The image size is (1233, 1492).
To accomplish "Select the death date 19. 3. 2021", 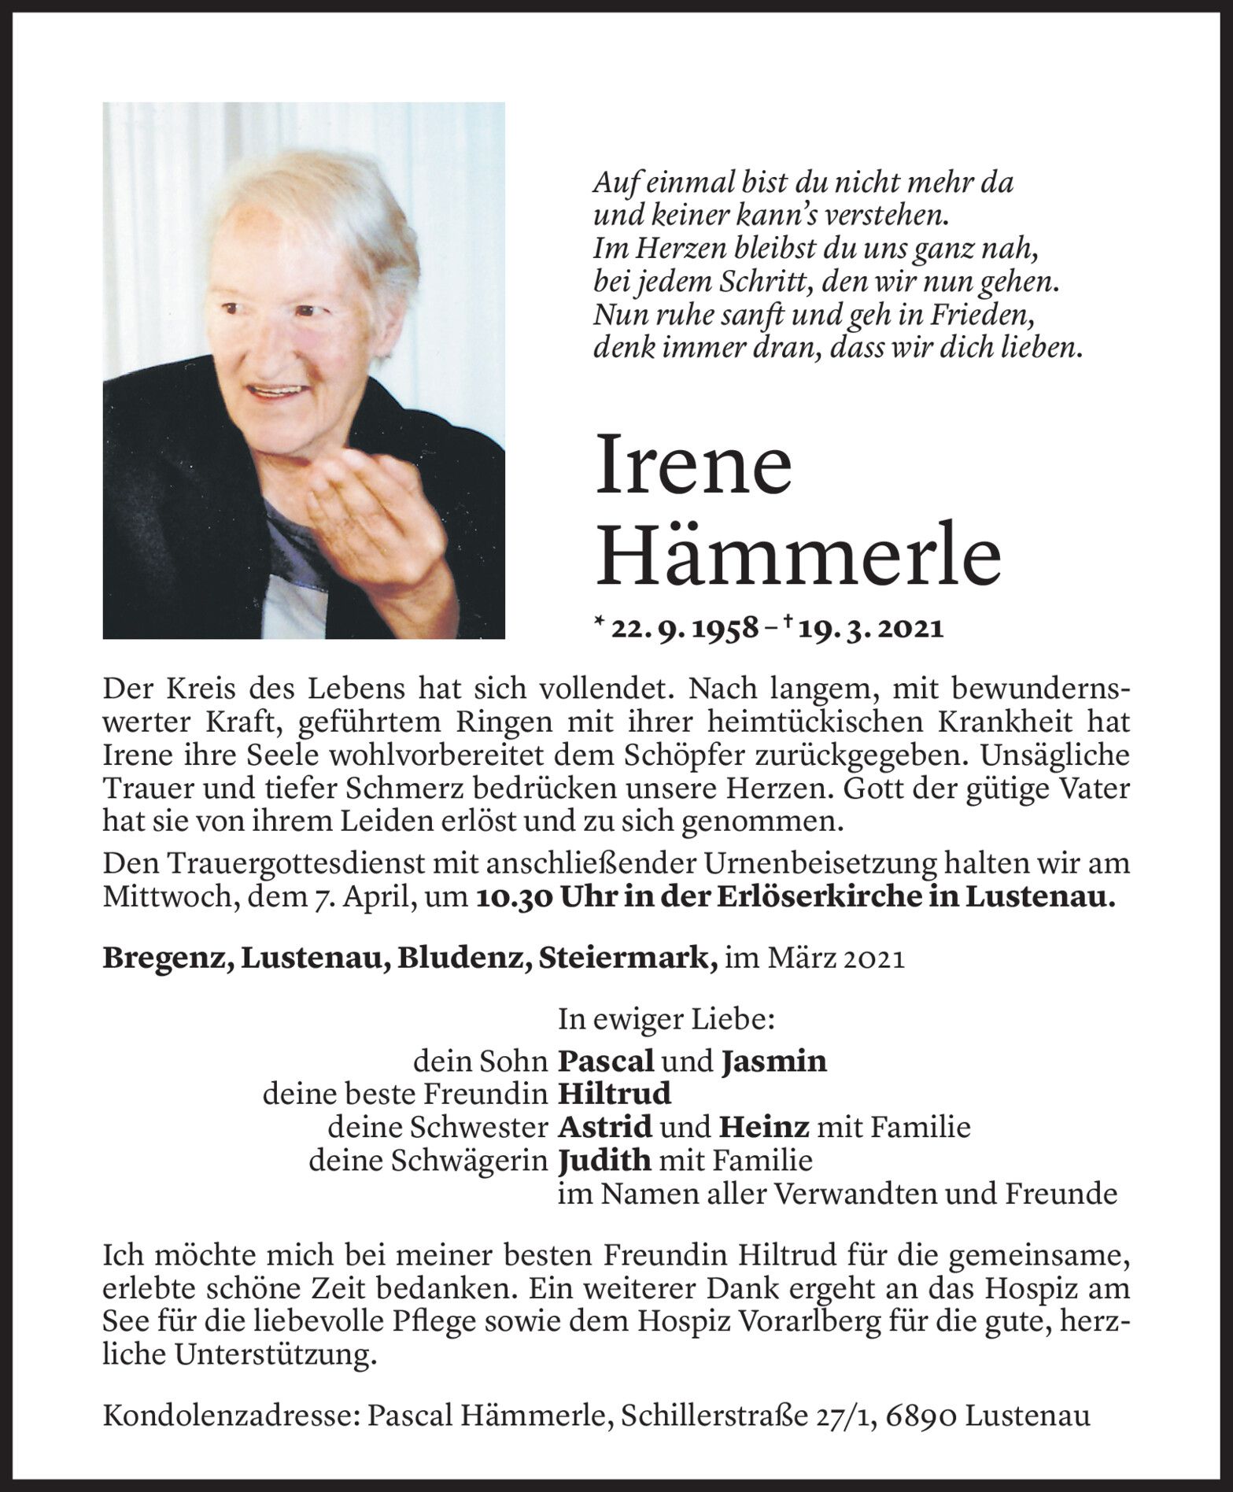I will point(867,628).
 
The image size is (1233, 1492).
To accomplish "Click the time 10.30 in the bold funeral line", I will point(513,898).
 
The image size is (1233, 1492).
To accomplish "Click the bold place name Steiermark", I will point(626,958).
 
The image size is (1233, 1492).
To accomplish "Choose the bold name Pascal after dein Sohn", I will point(605,1062).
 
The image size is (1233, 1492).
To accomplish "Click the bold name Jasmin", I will point(773,1062).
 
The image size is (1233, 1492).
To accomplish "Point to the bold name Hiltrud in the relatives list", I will point(615,1094).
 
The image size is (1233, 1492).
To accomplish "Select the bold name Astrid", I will point(605,1127).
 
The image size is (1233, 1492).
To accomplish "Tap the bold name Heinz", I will point(763,1127).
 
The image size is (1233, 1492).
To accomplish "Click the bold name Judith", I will point(604,1160).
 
